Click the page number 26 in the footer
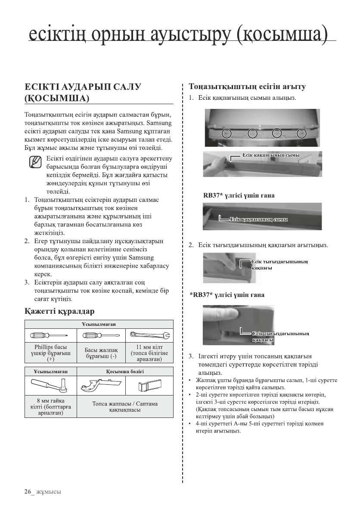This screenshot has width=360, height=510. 28,491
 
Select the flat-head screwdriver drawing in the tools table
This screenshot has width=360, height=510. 100,335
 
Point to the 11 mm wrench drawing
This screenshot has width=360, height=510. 149,335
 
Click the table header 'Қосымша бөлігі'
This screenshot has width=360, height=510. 124,371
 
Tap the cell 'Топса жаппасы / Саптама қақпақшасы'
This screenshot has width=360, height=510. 125,407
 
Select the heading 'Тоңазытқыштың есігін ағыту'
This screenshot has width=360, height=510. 248,87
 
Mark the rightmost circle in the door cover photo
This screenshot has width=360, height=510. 303,133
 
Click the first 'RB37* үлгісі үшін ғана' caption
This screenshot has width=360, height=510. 239,196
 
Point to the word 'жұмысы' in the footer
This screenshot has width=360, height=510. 48,492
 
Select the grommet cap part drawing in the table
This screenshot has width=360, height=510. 149,384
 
